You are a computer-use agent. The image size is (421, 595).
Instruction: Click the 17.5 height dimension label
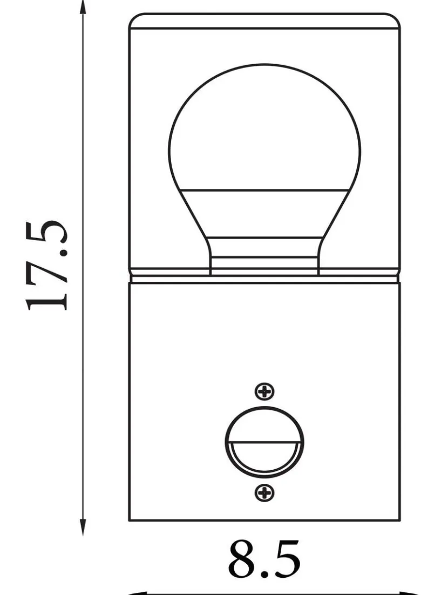point(47,265)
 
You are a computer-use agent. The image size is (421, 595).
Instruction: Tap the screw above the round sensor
point(264,391)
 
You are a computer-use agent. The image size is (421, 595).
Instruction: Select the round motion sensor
point(264,442)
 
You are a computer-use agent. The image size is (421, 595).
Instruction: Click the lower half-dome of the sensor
point(264,457)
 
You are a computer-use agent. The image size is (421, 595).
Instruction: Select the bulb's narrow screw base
point(264,256)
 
